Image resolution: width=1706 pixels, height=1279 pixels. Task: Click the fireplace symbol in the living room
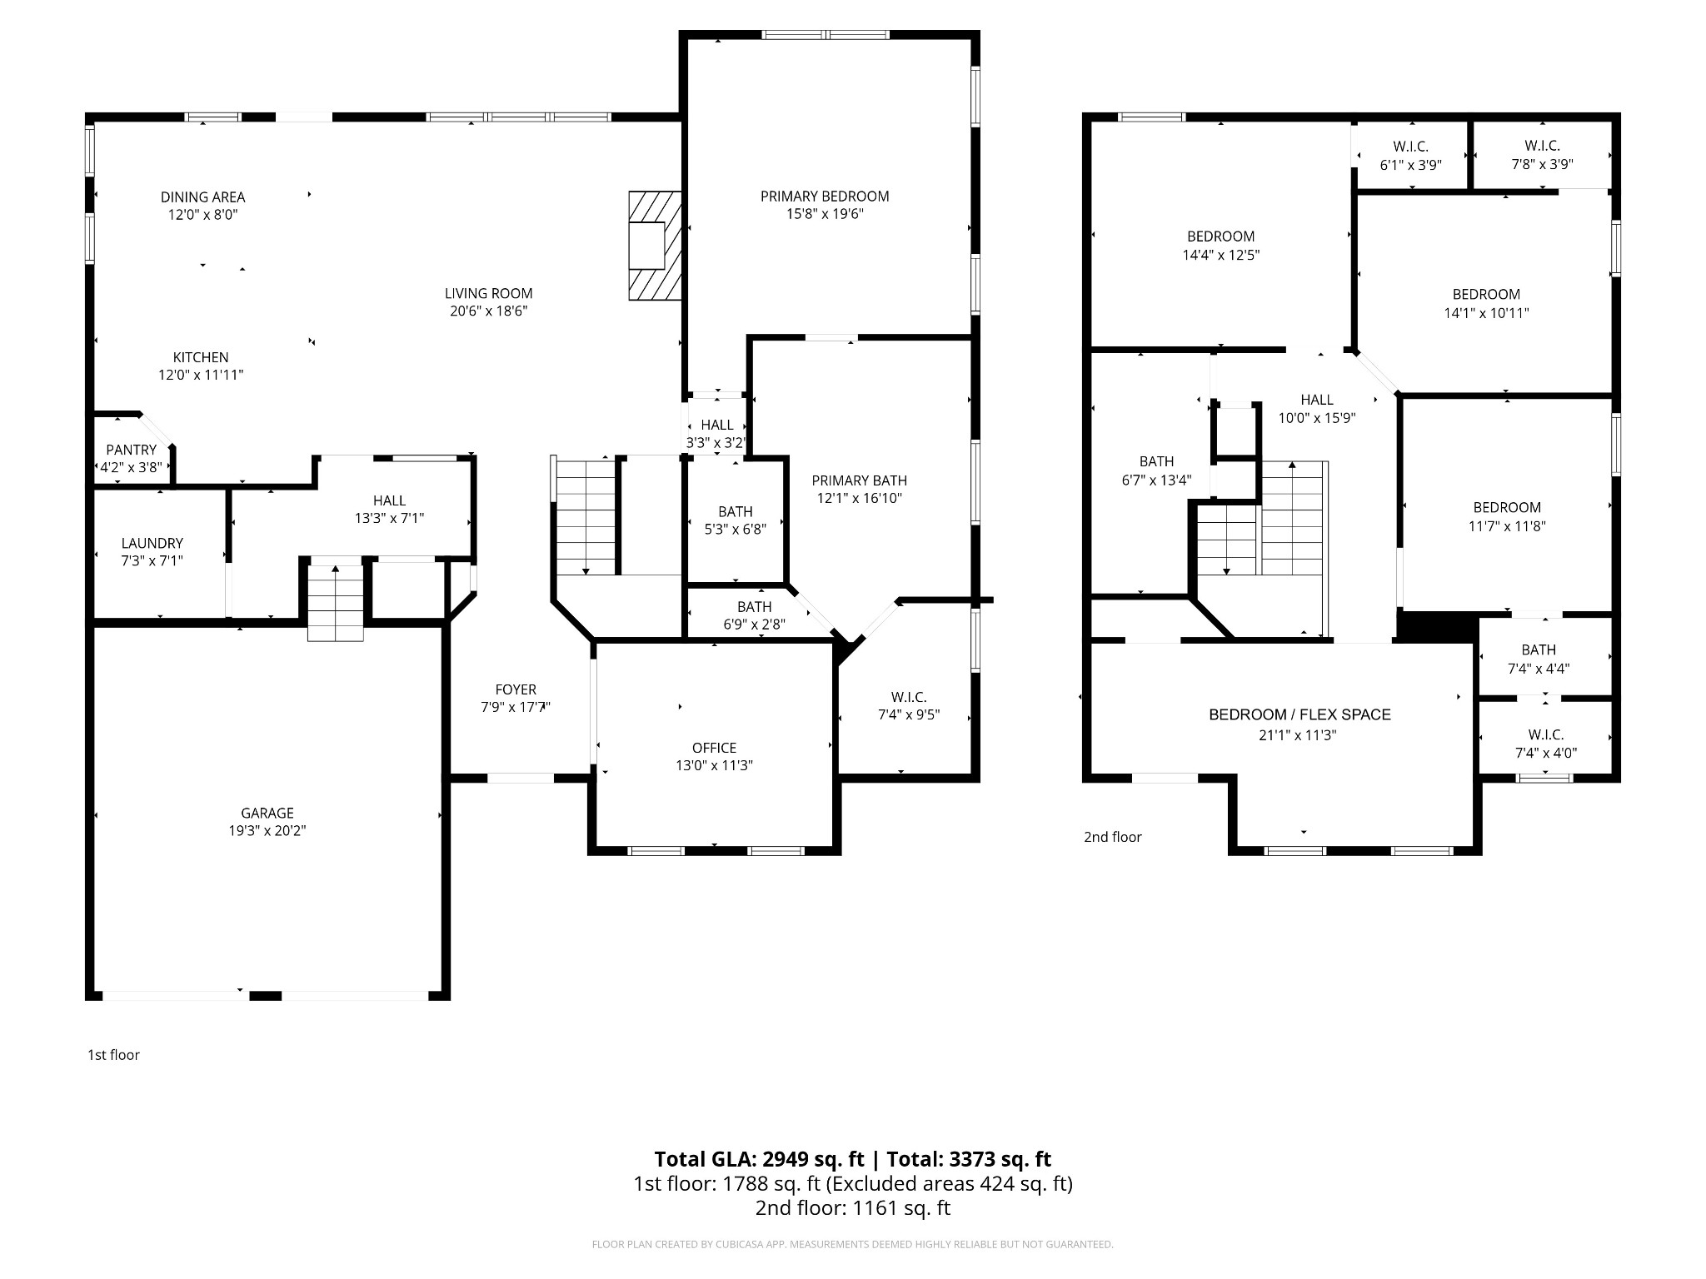(x=655, y=246)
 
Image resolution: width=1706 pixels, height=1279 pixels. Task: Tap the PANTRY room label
(x=131, y=450)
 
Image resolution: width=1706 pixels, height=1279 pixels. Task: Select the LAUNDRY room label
(x=152, y=543)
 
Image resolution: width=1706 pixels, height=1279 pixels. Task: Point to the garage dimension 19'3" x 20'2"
(x=267, y=830)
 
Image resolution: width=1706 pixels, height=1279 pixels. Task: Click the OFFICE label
(x=714, y=748)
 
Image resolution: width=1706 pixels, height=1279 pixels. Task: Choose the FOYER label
(x=516, y=689)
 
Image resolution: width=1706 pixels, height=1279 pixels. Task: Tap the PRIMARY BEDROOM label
(x=825, y=197)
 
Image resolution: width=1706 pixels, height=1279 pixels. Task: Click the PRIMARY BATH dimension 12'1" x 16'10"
(x=859, y=498)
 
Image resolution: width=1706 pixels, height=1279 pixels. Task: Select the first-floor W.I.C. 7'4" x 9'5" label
(x=908, y=705)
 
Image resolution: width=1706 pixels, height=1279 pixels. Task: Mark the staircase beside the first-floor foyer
(x=586, y=516)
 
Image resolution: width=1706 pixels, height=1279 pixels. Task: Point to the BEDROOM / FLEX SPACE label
(x=1299, y=714)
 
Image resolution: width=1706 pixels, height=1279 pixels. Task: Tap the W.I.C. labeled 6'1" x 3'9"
(x=1410, y=156)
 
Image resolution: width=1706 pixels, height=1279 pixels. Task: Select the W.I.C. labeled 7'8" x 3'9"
(x=1542, y=156)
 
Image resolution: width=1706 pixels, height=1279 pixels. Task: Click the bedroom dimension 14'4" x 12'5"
(x=1220, y=255)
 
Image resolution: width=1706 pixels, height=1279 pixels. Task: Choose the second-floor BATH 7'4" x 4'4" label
(x=1538, y=659)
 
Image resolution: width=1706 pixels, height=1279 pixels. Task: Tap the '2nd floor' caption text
(x=1112, y=837)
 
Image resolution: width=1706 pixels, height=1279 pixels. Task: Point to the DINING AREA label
(x=202, y=197)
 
